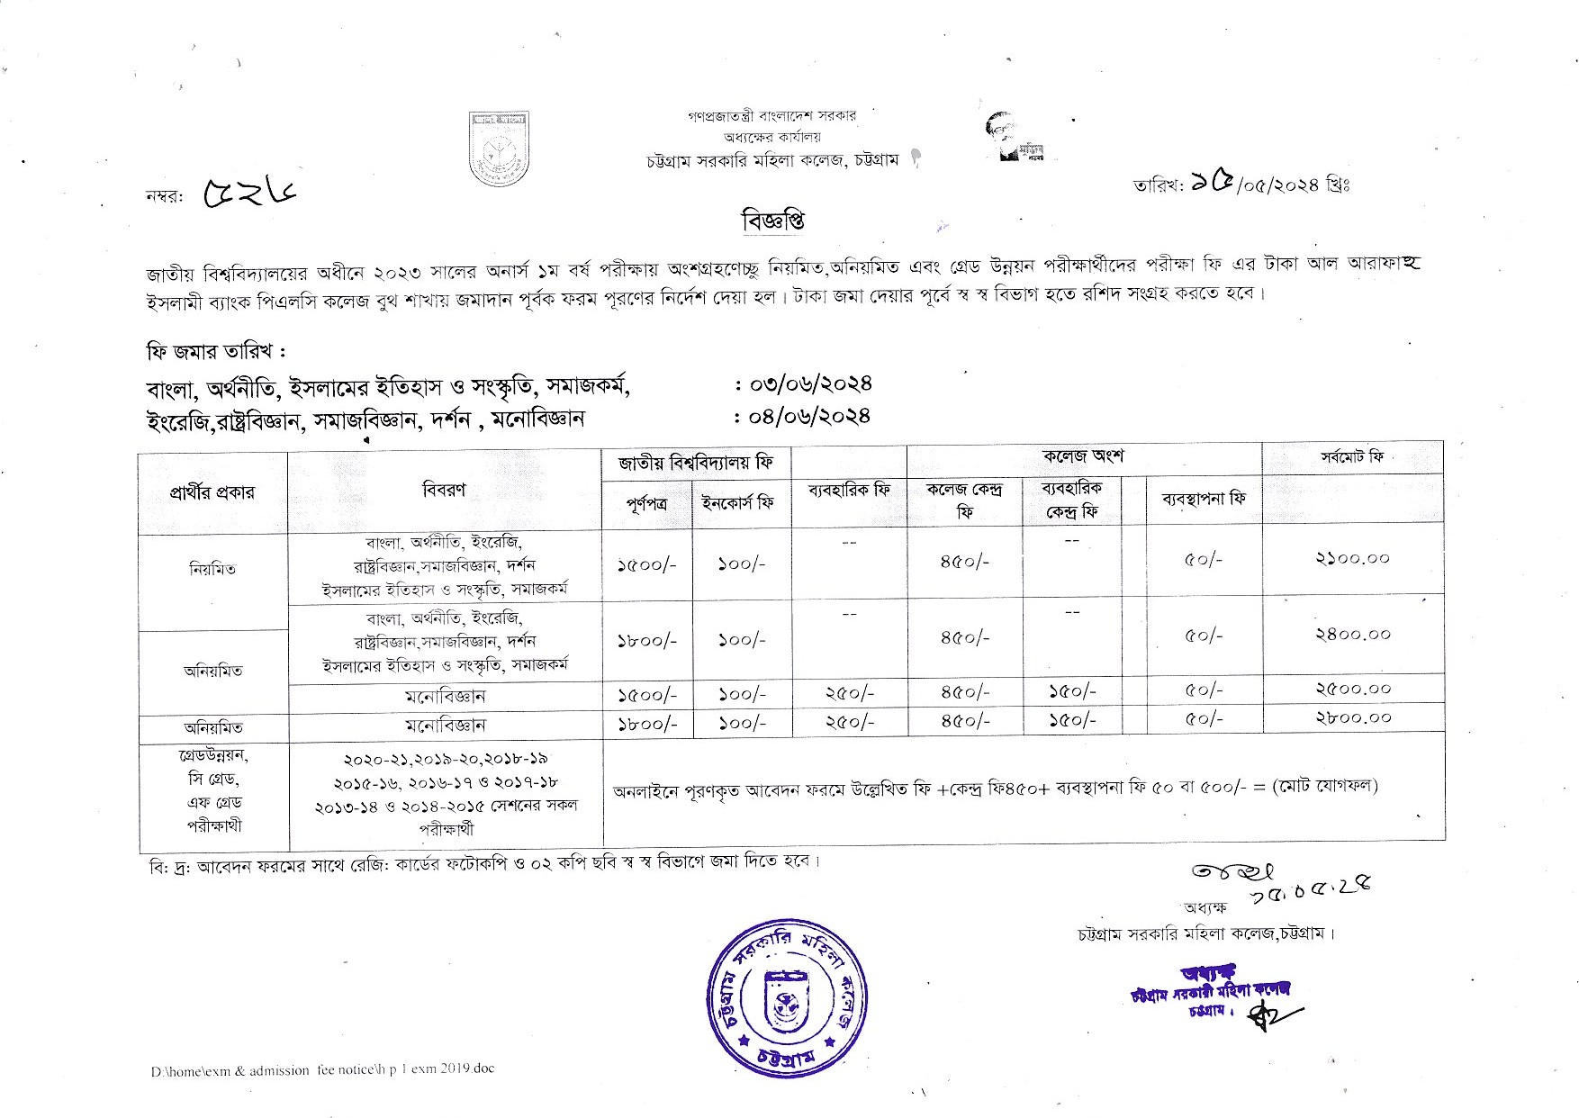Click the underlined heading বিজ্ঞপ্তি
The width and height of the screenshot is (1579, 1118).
click(772, 221)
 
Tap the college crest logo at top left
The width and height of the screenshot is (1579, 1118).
click(498, 148)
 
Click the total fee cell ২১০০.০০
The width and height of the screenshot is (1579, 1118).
click(1353, 559)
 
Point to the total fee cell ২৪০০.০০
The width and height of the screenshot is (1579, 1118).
click(1353, 635)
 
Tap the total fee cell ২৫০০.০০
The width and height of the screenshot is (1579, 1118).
click(1353, 690)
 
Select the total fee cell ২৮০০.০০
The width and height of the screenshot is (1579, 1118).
click(1353, 718)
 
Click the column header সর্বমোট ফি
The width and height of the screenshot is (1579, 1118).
click(1352, 457)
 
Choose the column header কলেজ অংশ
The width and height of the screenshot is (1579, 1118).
click(1083, 456)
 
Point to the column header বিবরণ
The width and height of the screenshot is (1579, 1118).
click(444, 491)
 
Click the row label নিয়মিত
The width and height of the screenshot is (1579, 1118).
click(212, 569)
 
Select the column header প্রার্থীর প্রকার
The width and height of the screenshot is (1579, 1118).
click(212, 492)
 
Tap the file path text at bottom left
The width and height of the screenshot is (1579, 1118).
click(322, 1069)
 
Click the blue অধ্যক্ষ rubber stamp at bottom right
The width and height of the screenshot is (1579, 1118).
click(1212, 993)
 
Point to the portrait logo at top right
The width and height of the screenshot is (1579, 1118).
click(1017, 138)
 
